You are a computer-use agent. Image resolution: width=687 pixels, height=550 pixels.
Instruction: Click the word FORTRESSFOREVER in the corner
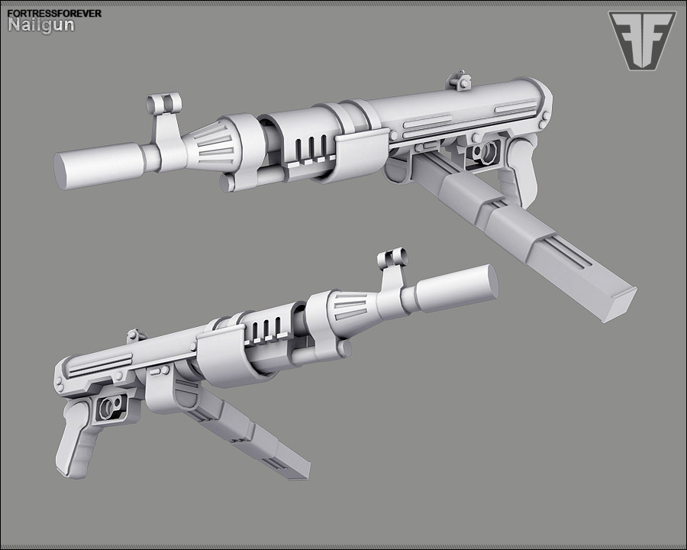pyautogui.click(x=54, y=14)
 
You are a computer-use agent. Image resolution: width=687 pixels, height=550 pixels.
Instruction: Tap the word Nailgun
pyautogui.click(x=41, y=25)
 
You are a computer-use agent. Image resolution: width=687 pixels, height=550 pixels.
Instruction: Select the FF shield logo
pyautogui.click(x=642, y=40)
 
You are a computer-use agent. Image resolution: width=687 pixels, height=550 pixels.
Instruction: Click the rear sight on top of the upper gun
pyautogui.click(x=459, y=81)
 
